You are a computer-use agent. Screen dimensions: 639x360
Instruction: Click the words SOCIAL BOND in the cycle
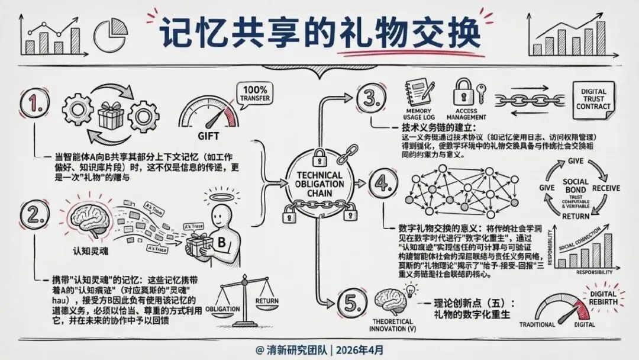tap(576, 186)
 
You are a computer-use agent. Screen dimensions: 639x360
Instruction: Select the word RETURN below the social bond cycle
tap(576, 216)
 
